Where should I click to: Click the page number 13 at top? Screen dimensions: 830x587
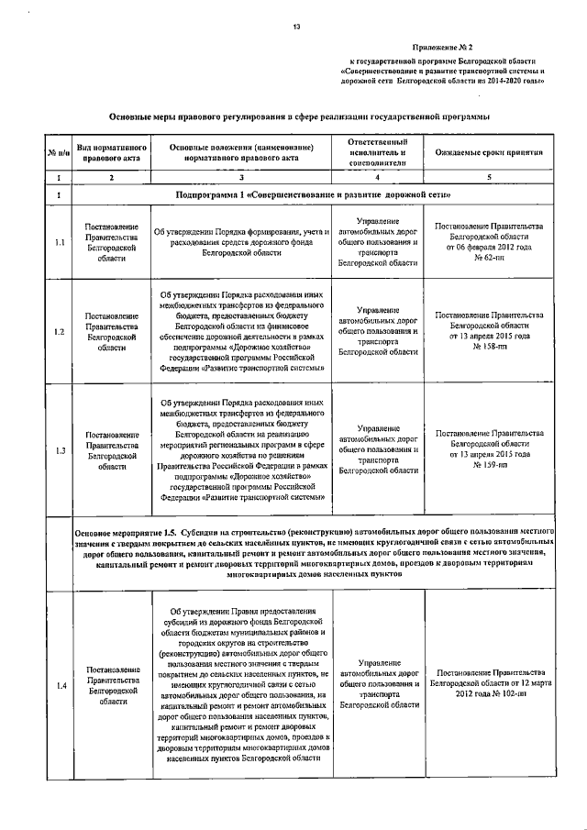coord(296,27)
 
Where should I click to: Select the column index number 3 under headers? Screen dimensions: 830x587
coord(240,177)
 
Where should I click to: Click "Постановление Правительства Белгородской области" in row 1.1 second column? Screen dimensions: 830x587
coord(111,243)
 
